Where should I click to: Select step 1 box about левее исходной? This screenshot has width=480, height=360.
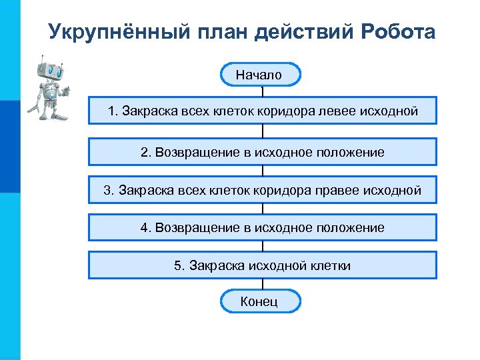[x=263, y=111]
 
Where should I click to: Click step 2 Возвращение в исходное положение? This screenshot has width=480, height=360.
[x=263, y=152]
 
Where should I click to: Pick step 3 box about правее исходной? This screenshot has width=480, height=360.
[x=263, y=191]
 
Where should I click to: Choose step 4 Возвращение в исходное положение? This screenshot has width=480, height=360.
[x=263, y=228]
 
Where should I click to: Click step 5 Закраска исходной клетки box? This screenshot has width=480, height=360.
[x=263, y=266]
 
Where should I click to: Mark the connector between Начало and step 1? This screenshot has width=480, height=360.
[x=263, y=91]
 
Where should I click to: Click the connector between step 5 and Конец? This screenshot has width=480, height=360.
[x=263, y=284]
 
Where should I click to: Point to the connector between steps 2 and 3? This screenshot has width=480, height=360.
[x=263, y=171]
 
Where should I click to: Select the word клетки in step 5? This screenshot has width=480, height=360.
[x=330, y=266]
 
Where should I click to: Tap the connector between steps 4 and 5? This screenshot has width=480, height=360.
[x=263, y=246]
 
